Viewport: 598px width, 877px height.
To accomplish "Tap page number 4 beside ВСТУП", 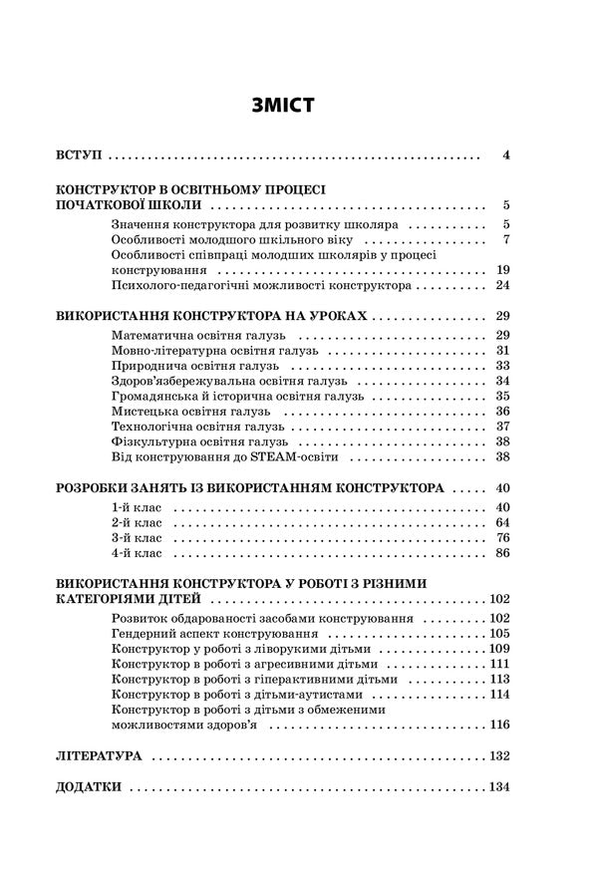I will (506, 155).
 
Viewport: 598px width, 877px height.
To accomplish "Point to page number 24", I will (502, 285).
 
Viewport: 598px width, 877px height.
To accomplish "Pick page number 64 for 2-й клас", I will (502, 523).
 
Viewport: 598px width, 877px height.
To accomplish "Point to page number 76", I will (502, 538).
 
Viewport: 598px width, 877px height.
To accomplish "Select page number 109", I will (499, 649).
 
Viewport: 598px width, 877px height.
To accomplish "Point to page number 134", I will (499, 787).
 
